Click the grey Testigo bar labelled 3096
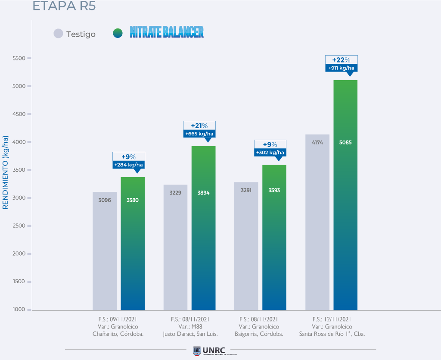(105, 250)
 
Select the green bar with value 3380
(133, 244)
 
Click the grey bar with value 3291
(246, 246)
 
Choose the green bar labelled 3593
(274, 237)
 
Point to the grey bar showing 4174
(317, 222)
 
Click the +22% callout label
(341, 60)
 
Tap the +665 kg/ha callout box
(199, 134)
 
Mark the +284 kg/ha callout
(128, 165)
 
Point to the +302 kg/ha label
(270, 153)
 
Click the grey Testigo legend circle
(58, 34)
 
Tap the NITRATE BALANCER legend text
(167, 32)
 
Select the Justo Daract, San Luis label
(190, 334)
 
